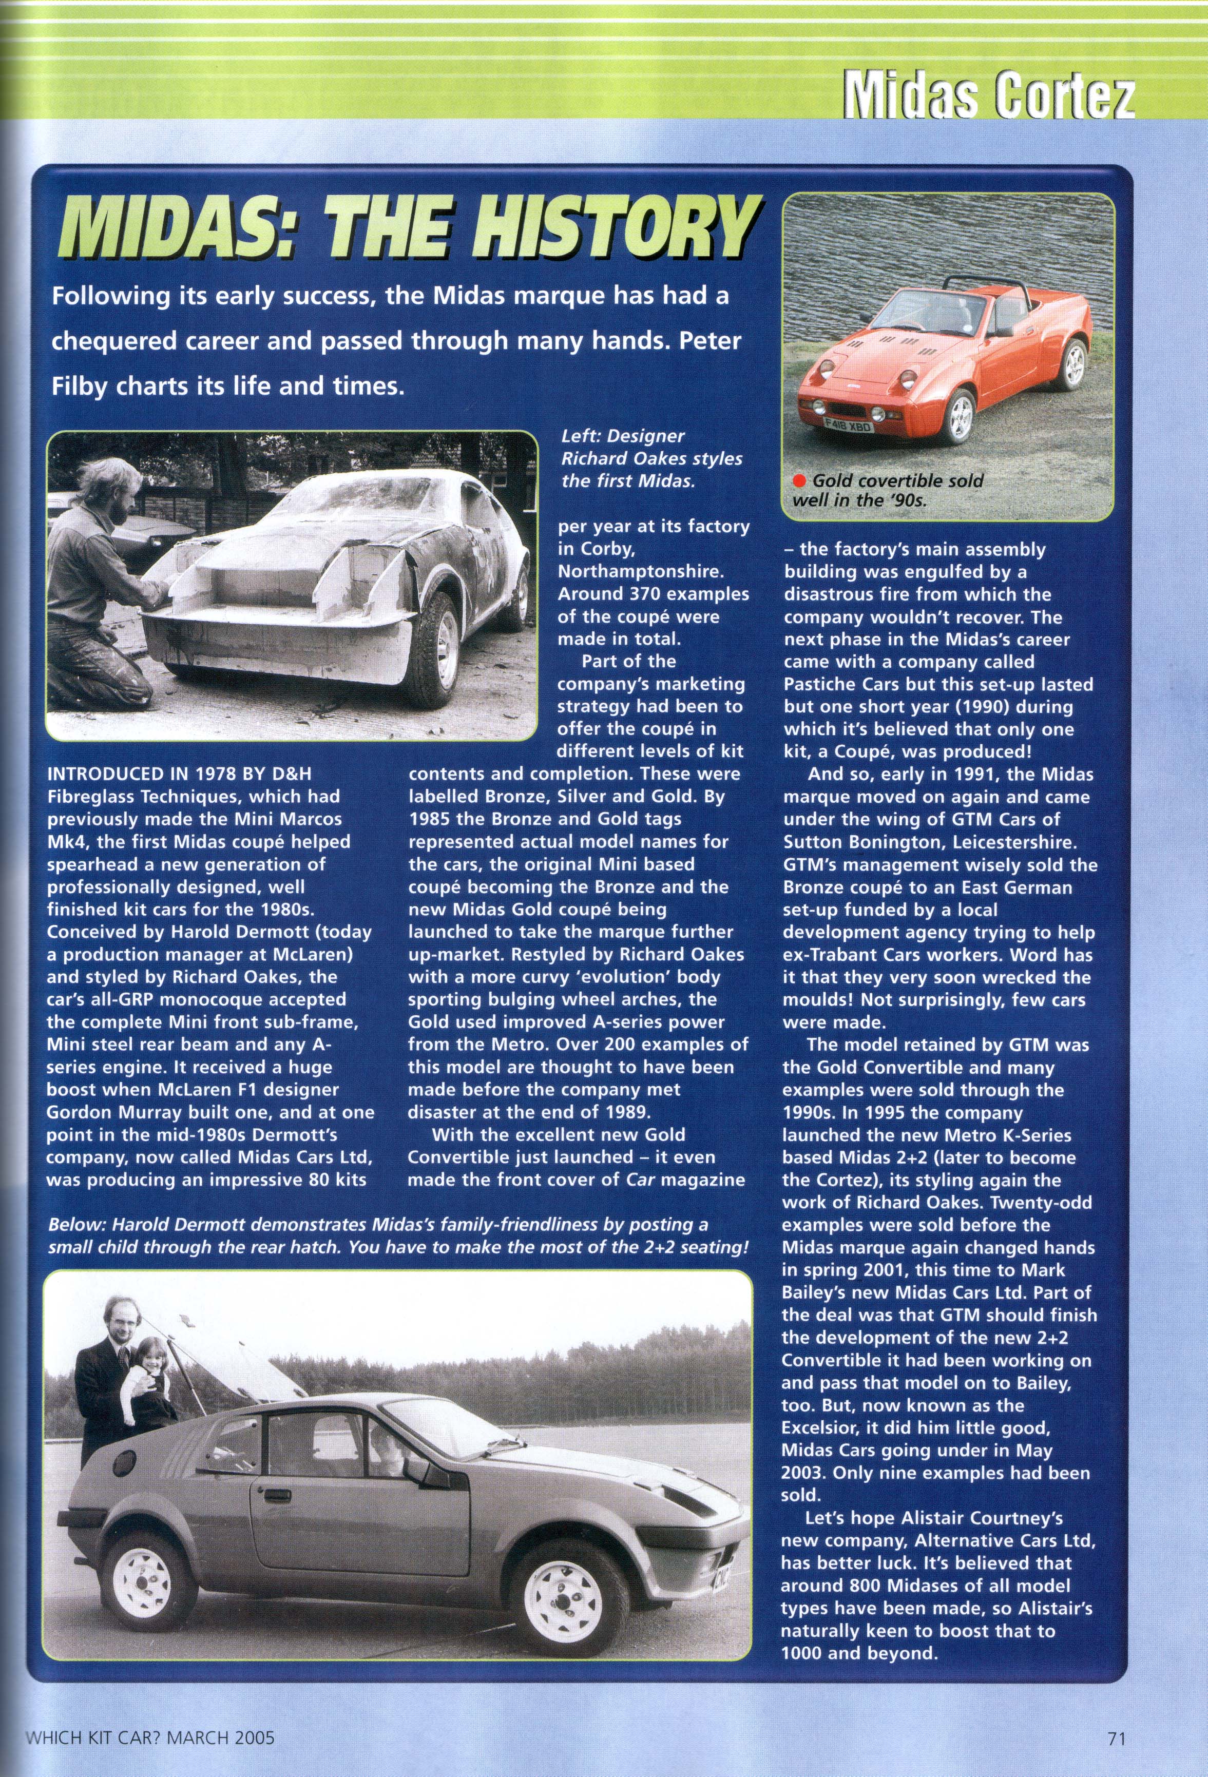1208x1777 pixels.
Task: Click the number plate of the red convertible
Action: click(848, 428)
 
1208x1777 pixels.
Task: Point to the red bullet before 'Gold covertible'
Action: click(800, 481)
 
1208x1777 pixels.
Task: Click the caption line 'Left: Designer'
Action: click(623, 437)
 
